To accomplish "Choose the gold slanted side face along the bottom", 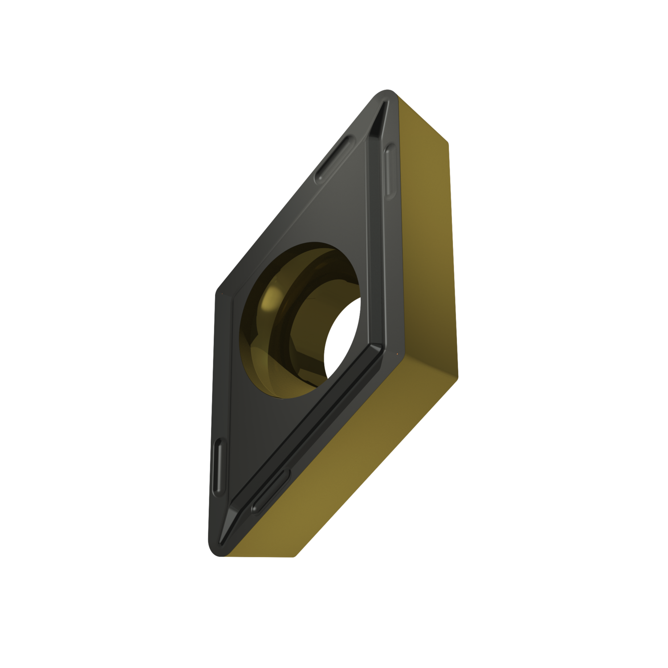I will [356, 468].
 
